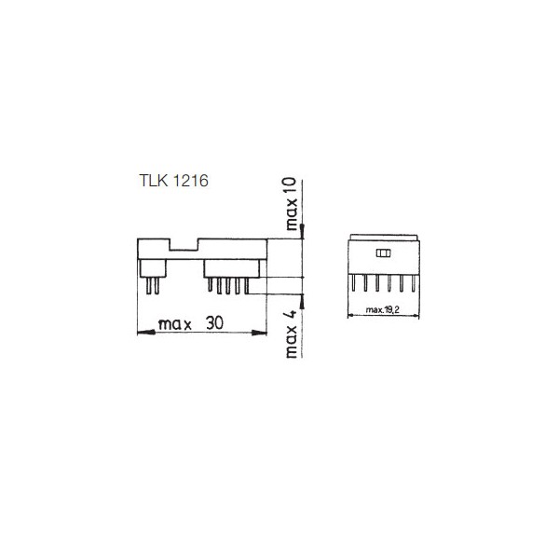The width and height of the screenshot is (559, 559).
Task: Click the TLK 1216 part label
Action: [x=173, y=181]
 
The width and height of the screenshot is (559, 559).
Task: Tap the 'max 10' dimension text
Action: [x=292, y=204]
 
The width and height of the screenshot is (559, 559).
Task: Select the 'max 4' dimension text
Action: [x=292, y=334]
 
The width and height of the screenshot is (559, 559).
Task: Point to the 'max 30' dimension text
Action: [x=191, y=323]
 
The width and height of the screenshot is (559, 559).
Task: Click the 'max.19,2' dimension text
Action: [x=383, y=310]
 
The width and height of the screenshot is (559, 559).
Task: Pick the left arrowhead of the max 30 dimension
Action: [x=146, y=333]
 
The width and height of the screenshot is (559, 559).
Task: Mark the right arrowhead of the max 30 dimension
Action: [x=259, y=333]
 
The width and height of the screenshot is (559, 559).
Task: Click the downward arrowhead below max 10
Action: [x=302, y=232]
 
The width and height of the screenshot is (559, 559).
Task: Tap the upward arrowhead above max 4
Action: [x=302, y=301]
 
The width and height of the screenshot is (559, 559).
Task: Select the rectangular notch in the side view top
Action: [x=184, y=244]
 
